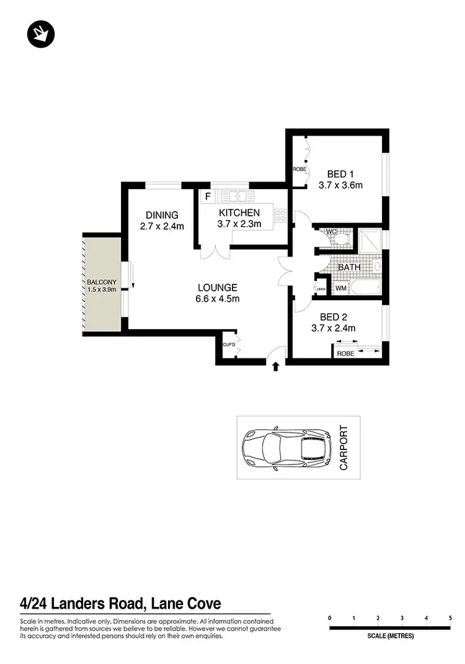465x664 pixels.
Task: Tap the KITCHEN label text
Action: pyautogui.click(x=239, y=213)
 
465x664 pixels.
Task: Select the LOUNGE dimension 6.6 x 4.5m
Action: pyautogui.click(x=218, y=299)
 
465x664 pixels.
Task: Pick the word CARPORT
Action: pyautogui.click(x=345, y=447)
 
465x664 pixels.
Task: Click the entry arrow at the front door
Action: pyautogui.click(x=275, y=367)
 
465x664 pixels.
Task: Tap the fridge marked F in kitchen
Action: pyautogui.click(x=208, y=197)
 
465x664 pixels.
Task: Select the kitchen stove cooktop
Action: pyautogui.click(x=280, y=216)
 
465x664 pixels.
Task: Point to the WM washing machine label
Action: pyautogui.click(x=341, y=288)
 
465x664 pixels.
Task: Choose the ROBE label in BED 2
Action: pyautogui.click(x=345, y=353)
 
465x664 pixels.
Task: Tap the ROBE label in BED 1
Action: pyautogui.click(x=299, y=169)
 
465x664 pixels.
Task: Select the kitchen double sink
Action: pyautogui.click(x=237, y=197)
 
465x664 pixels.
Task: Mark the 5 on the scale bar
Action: pyautogui.click(x=450, y=618)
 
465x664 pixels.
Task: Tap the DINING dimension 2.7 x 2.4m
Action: pyautogui.click(x=162, y=226)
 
